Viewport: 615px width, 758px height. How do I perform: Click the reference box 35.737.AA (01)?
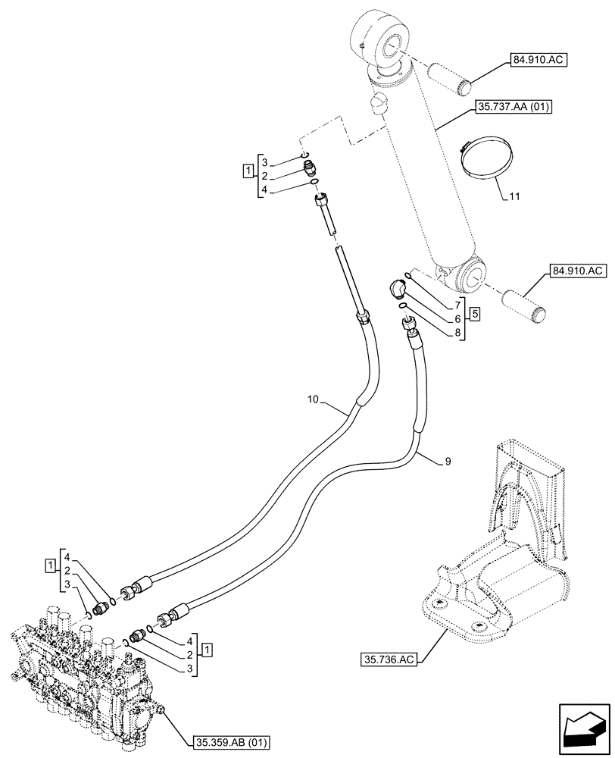(514, 108)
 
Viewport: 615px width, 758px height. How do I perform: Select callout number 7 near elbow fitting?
(458, 302)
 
